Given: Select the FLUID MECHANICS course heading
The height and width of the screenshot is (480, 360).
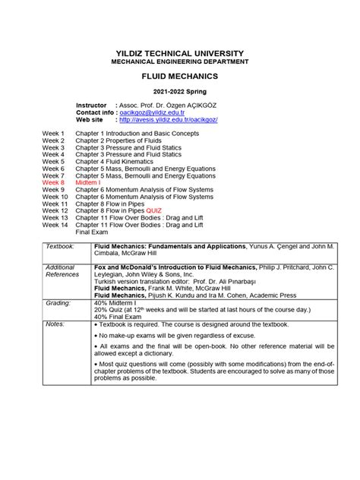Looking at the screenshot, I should point(180,77).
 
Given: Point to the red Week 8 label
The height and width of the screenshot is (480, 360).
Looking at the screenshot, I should point(55,183).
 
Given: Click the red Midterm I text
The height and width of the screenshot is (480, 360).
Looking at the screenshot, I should point(89,183).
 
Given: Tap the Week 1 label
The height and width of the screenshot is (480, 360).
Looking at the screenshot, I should point(53,134).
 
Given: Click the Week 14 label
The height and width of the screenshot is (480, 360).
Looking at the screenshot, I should point(55,225).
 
